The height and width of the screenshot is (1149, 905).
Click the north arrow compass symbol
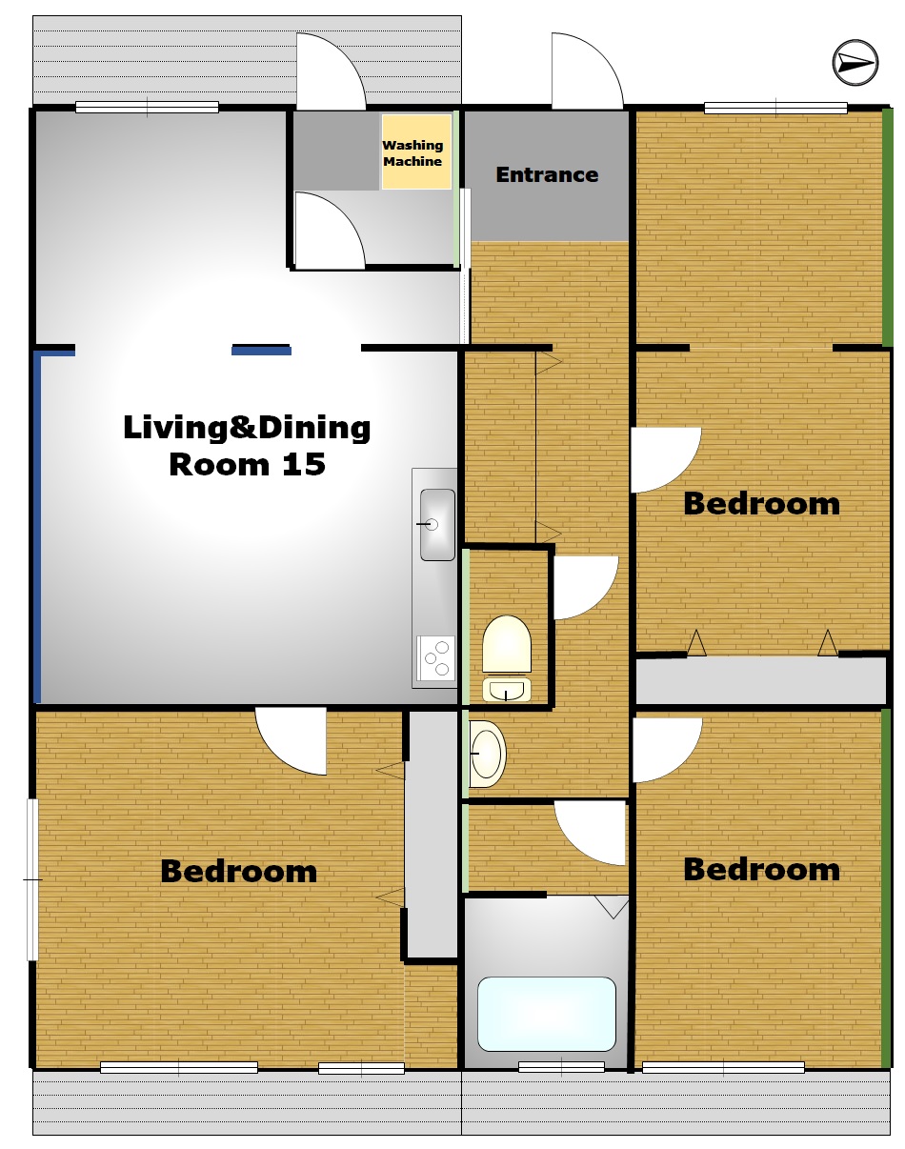tap(855, 63)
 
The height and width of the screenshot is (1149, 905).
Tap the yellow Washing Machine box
tap(416, 151)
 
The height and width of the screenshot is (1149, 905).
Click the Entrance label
tap(547, 174)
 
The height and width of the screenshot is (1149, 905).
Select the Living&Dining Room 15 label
tap(247, 445)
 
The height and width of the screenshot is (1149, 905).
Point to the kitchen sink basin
tap(437, 524)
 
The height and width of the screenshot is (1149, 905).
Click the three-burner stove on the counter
tap(435, 658)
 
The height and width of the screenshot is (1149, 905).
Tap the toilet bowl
tap(506, 643)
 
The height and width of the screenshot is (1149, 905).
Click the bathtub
tap(546, 1014)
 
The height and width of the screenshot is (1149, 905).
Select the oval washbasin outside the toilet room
tap(487, 754)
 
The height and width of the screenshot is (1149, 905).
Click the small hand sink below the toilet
tap(506, 689)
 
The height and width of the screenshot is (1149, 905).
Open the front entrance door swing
tap(587, 71)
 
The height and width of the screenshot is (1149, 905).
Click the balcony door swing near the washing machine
tap(331, 71)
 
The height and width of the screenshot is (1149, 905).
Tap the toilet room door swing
tap(586, 587)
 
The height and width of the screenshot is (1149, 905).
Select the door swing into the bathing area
tap(590, 833)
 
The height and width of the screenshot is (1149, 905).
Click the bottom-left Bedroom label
tap(239, 872)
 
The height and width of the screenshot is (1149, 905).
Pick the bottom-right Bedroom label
tap(761, 869)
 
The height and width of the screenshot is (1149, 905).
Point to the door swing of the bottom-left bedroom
tap(291, 741)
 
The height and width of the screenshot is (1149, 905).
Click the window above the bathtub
tap(561, 1068)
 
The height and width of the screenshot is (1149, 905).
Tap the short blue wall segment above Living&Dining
tap(261, 351)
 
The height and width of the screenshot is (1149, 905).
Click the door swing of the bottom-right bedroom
tap(667, 750)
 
